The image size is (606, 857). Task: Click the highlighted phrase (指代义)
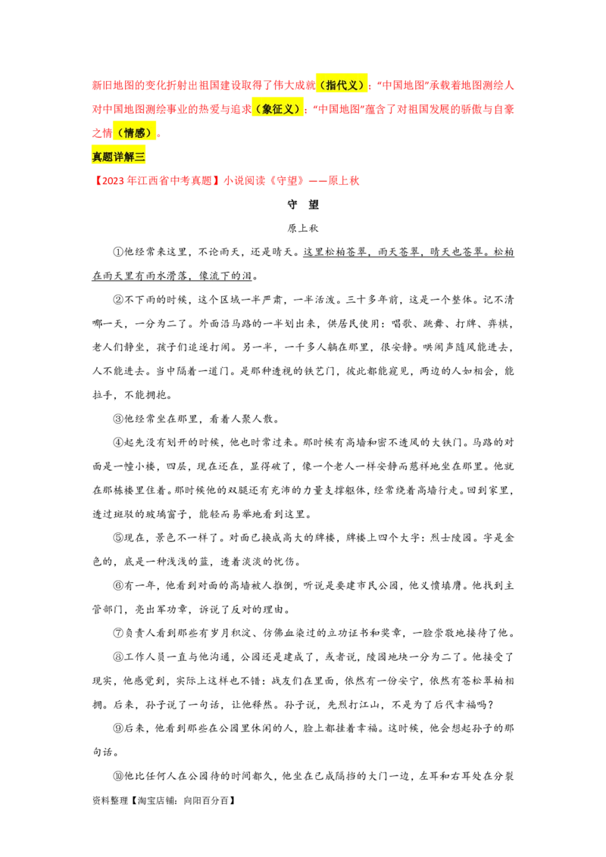(x=342, y=85)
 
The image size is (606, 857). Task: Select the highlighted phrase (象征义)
(x=278, y=109)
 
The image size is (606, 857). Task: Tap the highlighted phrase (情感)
(x=134, y=133)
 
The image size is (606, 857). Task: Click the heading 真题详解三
(x=118, y=157)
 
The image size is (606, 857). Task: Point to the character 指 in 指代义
(x=332, y=85)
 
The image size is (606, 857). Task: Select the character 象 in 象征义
(x=267, y=109)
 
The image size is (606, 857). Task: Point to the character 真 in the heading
(x=96, y=157)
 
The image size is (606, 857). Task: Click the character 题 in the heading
(x=108, y=157)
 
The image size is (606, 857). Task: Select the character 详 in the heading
(x=118, y=157)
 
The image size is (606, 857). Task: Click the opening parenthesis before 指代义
(x=322, y=85)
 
